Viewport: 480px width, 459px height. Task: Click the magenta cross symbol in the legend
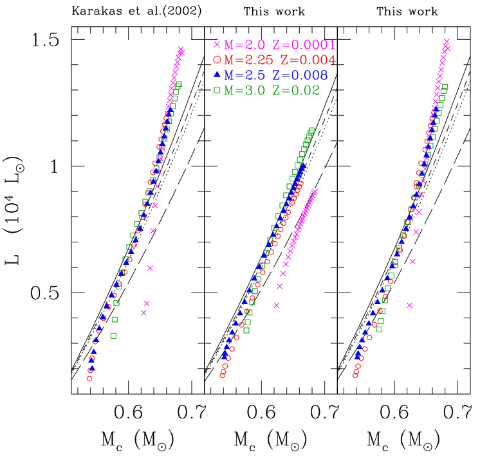point(217,44)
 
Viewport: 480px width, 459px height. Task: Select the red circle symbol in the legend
point(217,60)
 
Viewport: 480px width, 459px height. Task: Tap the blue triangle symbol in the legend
point(217,75)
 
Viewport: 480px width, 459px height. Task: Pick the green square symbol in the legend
point(217,90)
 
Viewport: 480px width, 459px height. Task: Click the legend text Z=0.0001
point(304,45)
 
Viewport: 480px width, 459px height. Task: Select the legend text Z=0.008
point(300,75)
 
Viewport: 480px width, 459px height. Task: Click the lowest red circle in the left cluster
point(89,379)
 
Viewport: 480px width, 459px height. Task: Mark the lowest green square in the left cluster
point(113,336)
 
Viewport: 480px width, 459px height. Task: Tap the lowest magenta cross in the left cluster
point(143,312)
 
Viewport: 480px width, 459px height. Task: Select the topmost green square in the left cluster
point(179,84)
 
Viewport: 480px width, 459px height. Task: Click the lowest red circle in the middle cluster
point(223,375)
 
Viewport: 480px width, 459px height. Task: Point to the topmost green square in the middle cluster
point(312,130)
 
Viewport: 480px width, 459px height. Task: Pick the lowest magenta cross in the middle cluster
point(277,305)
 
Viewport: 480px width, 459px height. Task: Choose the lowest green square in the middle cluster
point(246,330)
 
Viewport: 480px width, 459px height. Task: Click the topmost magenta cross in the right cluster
point(447,41)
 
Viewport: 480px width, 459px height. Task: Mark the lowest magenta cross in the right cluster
point(409,305)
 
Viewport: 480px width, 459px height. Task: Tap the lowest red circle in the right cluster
point(355,375)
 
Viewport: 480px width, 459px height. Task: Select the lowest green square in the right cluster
point(380,329)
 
